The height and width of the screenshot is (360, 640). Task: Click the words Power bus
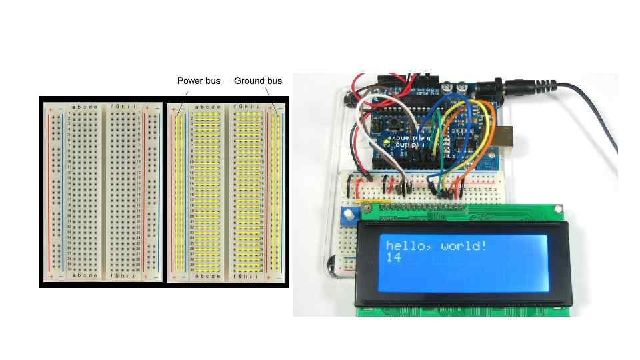coord(199,81)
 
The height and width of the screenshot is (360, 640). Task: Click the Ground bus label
coord(258,81)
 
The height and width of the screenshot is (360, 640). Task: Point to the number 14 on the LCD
coord(393,257)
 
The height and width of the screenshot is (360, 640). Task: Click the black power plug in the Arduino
coord(527,87)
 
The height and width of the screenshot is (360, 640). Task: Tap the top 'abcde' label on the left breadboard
coord(84,107)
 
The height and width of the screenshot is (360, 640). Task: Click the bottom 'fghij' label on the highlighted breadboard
coord(247,275)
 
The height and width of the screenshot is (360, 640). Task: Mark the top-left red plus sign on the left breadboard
coord(50,107)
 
